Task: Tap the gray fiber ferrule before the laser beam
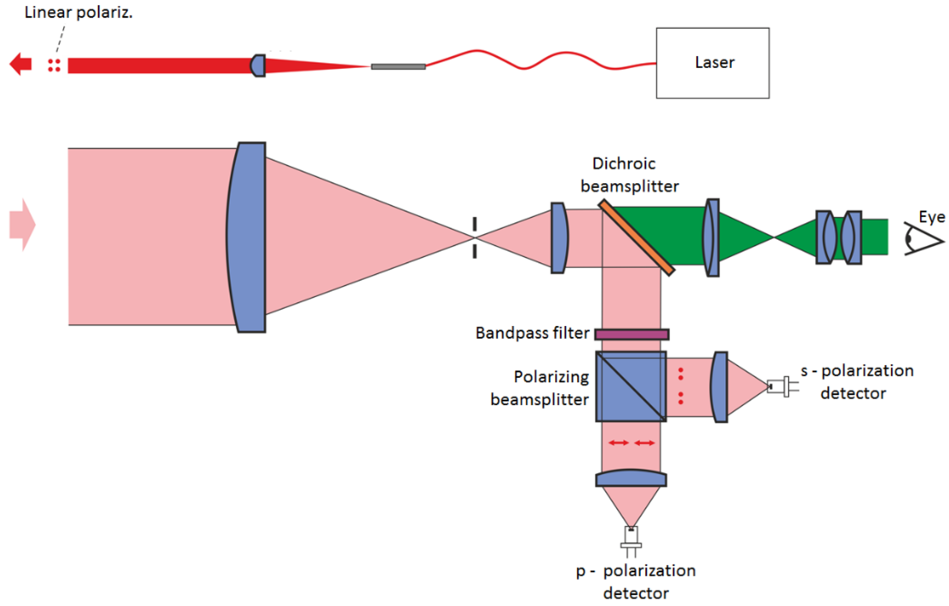(398, 67)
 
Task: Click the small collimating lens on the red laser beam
(258, 65)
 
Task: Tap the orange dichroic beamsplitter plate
(636, 237)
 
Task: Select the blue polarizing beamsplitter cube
(631, 386)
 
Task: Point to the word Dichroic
(624, 164)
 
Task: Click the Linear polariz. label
(78, 13)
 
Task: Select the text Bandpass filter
(532, 333)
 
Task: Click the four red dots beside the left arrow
(54, 65)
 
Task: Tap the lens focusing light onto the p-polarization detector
(631, 478)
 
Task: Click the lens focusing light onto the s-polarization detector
(720, 387)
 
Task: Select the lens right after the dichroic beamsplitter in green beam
(712, 238)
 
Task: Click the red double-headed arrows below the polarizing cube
(631, 443)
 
